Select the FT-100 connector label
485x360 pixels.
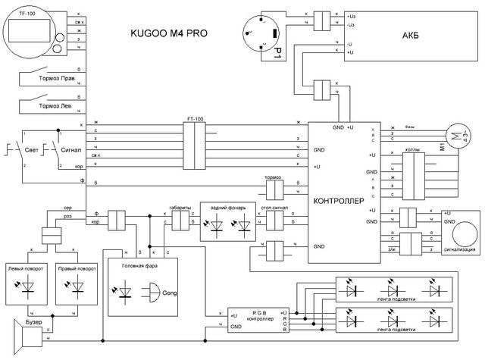(x=196, y=119)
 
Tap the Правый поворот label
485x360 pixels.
(x=77, y=269)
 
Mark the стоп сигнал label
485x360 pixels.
(x=278, y=205)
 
